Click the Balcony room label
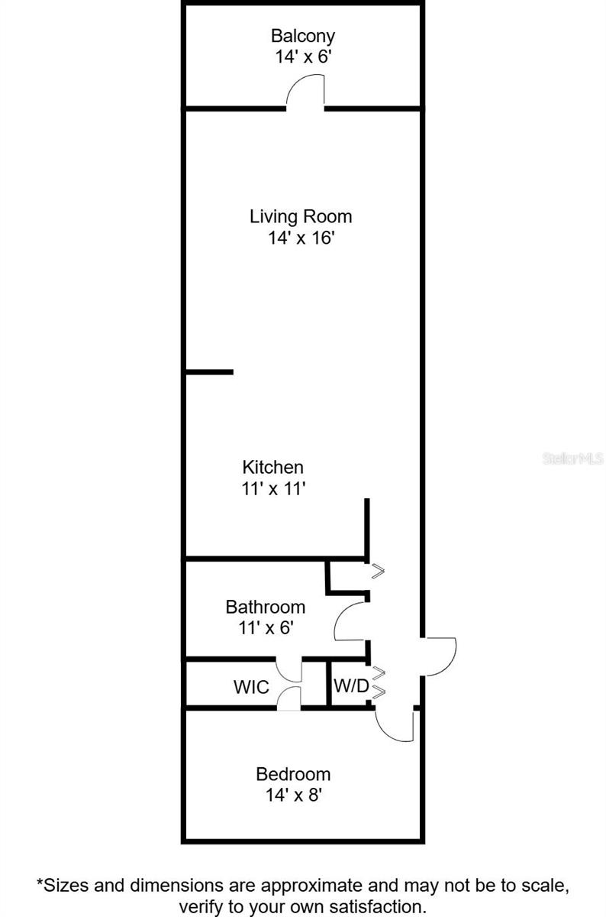pyautogui.click(x=303, y=36)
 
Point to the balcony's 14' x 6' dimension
pyautogui.click(x=303, y=57)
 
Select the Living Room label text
pyautogui.click(x=301, y=216)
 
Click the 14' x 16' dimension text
pyautogui.click(x=301, y=238)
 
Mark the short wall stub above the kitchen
pyautogui.click(x=210, y=372)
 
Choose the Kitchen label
pyautogui.click(x=273, y=467)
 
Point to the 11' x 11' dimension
pyautogui.click(x=273, y=488)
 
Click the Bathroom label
pyautogui.click(x=265, y=607)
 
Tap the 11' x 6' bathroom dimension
pyautogui.click(x=265, y=627)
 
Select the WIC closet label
pyautogui.click(x=251, y=687)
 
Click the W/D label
pyautogui.click(x=351, y=686)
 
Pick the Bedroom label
pyautogui.click(x=293, y=774)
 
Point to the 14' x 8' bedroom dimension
pyautogui.click(x=293, y=795)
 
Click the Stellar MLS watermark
pyautogui.click(x=572, y=458)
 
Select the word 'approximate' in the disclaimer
pyautogui.click(x=309, y=886)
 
